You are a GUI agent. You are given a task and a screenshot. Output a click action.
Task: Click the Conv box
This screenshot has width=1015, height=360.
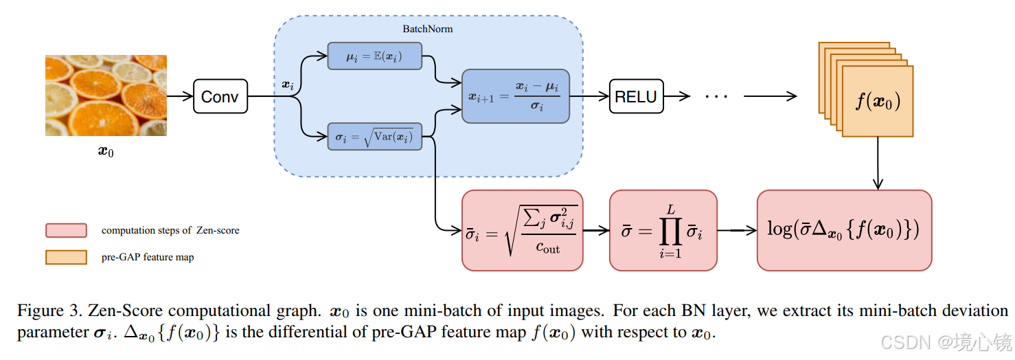pyautogui.click(x=220, y=96)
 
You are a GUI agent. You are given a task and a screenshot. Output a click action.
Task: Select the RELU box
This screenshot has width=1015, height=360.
pyautogui.click(x=635, y=96)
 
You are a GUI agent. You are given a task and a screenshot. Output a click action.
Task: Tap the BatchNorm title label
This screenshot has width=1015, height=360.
pyautogui.click(x=427, y=30)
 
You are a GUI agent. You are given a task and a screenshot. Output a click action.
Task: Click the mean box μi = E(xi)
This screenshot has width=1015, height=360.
pyautogui.click(x=374, y=56)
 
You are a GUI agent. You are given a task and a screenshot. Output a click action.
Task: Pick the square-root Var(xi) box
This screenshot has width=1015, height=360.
pyautogui.click(x=374, y=137)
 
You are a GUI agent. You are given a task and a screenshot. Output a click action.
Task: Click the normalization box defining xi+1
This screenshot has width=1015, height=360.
pyautogui.click(x=515, y=96)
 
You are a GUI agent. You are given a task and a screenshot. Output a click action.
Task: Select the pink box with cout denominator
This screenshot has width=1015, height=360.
pyautogui.click(x=522, y=230)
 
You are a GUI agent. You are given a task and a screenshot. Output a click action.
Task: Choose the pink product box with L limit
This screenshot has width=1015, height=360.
pyautogui.click(x=663, y=230)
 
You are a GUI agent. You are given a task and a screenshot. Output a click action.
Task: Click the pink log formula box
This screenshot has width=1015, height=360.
pyautogui.click(x=844, y=230)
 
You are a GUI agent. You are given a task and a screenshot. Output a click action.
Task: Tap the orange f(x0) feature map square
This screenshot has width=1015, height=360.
pyautogui.click(x=878, y=101)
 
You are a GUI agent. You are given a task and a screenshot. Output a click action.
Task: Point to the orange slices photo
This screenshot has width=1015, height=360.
pyautogui.click(x=106, y=95)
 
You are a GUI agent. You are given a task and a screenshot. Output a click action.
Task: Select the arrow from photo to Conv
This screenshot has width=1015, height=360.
pyautogui.click(x=180, y=96)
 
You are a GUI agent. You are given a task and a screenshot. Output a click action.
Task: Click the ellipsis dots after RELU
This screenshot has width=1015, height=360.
pyautogui.click(x=716, y=96)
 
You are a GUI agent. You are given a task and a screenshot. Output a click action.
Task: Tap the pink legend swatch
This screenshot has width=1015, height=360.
pyautogui.click(x=66, y=230)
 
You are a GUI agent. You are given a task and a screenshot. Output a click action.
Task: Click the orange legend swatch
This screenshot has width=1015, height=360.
pyautogui.click(x=66, y=257)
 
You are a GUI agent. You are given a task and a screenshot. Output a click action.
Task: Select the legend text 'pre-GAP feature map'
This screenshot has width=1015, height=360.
pyautogui.click(x=148, y=258)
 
